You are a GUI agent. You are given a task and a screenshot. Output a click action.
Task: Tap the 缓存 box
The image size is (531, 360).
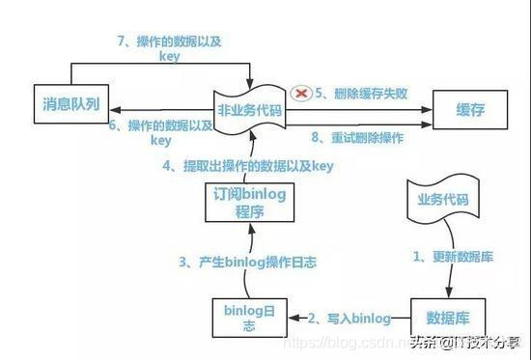469,110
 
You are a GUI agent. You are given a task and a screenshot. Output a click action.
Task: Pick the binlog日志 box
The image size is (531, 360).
249,318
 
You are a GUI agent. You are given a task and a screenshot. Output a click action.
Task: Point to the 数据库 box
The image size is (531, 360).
447,318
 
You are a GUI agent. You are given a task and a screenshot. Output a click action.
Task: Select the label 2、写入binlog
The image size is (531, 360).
349,318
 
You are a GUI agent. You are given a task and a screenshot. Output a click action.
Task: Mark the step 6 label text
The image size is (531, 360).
160,131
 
